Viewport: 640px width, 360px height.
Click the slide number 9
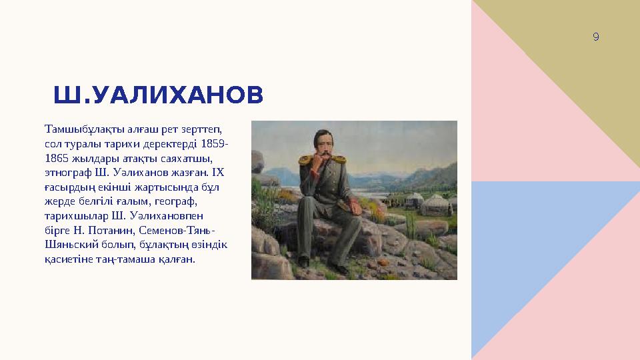tap(595, 37)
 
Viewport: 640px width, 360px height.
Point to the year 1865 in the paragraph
tap(55, 159)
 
